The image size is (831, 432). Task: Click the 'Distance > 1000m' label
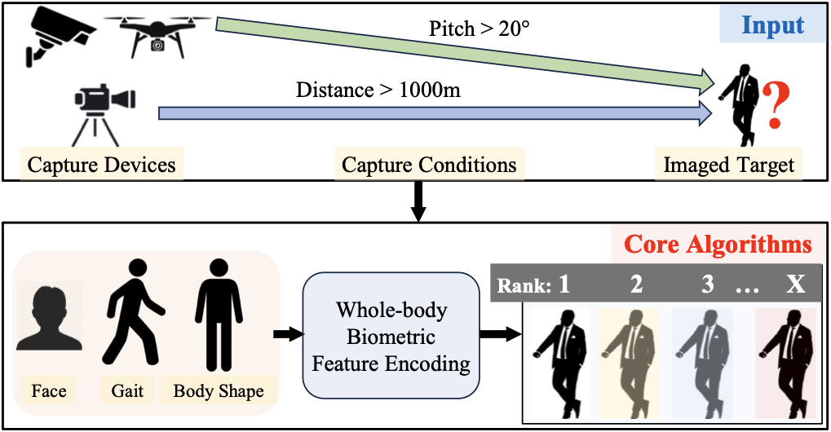click(378, 89)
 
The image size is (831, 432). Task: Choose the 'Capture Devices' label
click(102, 165)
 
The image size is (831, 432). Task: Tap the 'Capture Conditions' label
click(429, 165)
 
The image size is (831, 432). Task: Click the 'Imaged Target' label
click(728, 165)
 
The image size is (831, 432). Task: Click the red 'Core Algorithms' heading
click(718, 244)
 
